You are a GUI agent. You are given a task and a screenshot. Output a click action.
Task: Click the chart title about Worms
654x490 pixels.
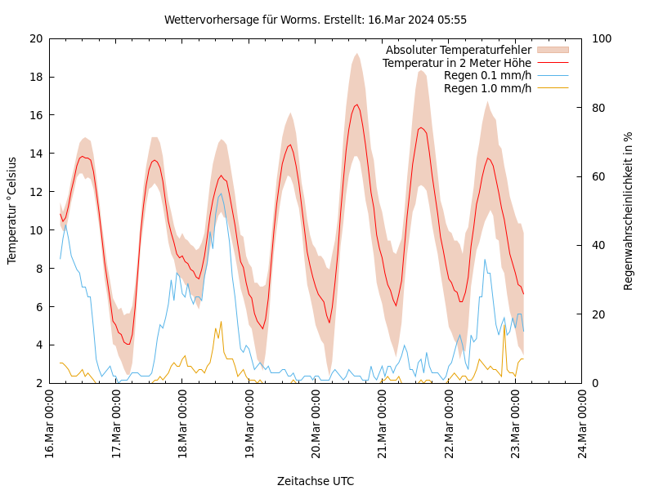(316, 20)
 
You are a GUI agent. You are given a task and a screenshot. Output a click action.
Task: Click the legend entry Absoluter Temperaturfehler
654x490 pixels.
(458, 51)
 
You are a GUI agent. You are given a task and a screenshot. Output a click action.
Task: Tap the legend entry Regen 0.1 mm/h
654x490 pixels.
(487, 75)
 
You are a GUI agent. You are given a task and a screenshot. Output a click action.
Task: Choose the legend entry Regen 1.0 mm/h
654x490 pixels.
(487, 87)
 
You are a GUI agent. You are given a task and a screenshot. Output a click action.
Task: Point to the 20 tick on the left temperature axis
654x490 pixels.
(35, 38)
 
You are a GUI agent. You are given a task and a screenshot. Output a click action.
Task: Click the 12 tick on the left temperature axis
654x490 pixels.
(35, 192)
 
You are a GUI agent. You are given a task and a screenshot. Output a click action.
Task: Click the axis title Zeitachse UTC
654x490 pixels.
(316, 481)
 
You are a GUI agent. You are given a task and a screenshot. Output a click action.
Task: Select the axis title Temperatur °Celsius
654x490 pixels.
(12, 211)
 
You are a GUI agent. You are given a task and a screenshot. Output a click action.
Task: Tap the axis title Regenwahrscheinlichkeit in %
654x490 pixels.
(629, 211)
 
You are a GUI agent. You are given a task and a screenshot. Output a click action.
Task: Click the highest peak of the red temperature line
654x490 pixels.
(356, 105)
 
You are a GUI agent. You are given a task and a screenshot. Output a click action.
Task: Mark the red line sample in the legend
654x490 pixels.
(553, 63)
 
